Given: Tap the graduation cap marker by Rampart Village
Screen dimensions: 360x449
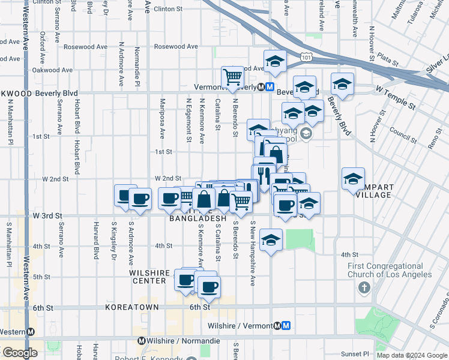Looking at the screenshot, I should click(x=353, y=178).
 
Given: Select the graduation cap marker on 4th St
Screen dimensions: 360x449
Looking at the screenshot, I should click(x=271, y=241).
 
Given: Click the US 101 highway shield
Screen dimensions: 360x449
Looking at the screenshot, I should click(x=307, y=56).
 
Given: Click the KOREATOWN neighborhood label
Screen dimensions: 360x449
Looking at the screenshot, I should click(x=132, y=307).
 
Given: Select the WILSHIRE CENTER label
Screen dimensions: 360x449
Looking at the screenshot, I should click(x=148, y=277).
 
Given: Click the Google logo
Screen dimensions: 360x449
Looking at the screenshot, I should click(x=20, y=353).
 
